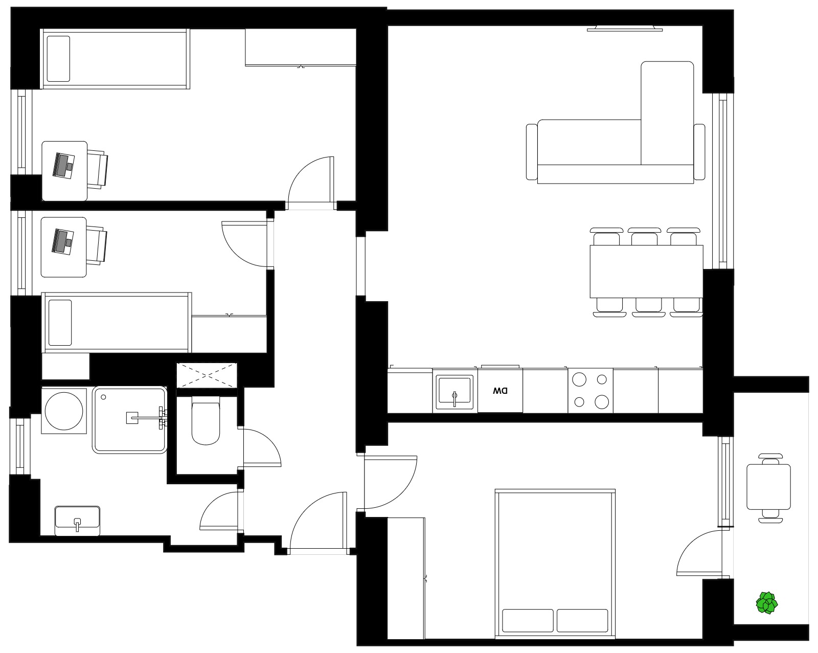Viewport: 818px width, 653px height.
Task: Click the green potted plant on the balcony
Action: point(766,603)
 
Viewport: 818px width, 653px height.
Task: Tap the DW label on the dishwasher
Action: point(500,391)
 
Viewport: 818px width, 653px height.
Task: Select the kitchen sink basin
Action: point(454,392)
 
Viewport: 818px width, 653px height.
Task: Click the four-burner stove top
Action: point(590,391)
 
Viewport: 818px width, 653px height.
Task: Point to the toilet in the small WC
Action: point(206,420)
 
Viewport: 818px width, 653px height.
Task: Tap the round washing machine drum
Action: point(64,411)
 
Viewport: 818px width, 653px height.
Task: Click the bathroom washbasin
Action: point(78,521)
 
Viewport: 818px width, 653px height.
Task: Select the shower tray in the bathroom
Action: point(130,420)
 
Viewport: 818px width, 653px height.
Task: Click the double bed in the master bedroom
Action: point(555,564)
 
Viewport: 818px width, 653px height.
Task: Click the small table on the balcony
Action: point(768,487)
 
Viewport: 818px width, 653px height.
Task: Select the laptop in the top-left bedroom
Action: point(63,166)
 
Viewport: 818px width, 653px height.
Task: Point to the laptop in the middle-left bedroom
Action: point(63,241)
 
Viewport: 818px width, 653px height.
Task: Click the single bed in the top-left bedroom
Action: point(115,59)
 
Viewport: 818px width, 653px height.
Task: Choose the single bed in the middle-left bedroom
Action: point(117,323)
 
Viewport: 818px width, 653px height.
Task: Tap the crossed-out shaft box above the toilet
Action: point(207,375)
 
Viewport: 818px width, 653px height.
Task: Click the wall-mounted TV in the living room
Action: point(625,28)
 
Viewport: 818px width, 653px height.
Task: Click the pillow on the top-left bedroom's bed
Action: point(58,59)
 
